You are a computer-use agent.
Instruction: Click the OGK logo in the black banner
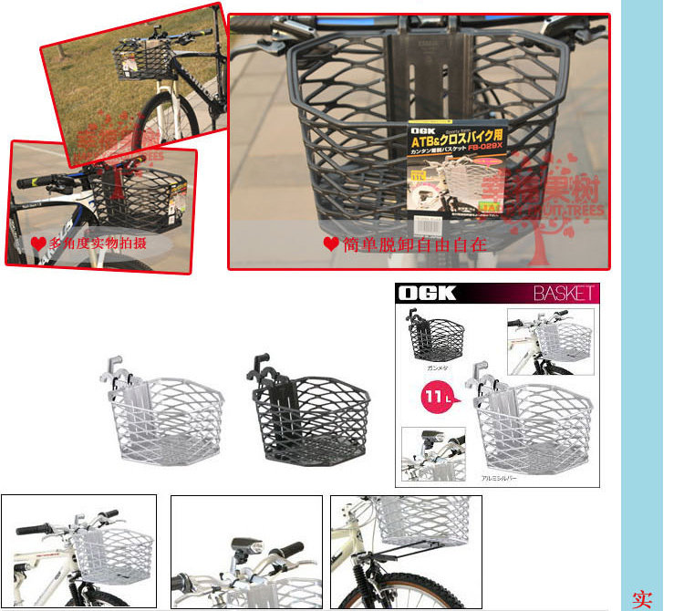pyautogui.click(x=426, y=294)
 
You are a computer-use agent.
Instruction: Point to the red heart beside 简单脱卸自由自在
pyautogui.click(x=331, y=244)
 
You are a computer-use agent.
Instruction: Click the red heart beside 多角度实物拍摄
pyautogui.click(x=37, y=243)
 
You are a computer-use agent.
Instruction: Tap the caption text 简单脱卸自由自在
pyautogui.click(x=414, y=244)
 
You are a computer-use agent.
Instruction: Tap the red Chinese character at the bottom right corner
pyautogui.click(x=642, y=599)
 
